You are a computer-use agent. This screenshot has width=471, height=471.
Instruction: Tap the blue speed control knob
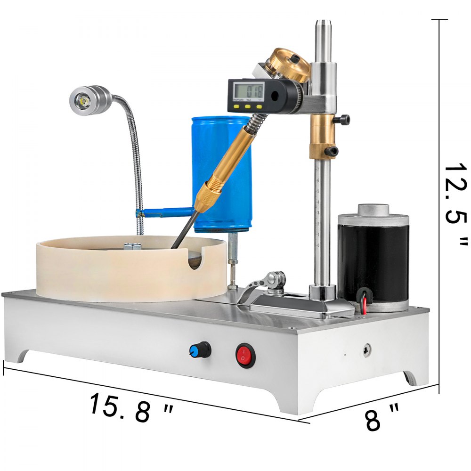[194, 349]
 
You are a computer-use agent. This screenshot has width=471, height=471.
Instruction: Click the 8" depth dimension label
[382, 419]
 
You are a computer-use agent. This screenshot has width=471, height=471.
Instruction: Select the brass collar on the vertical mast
[322, 137]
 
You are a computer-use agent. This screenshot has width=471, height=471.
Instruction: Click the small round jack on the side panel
[366, 350]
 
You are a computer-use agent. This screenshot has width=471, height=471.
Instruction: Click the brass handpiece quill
[226, 165]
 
